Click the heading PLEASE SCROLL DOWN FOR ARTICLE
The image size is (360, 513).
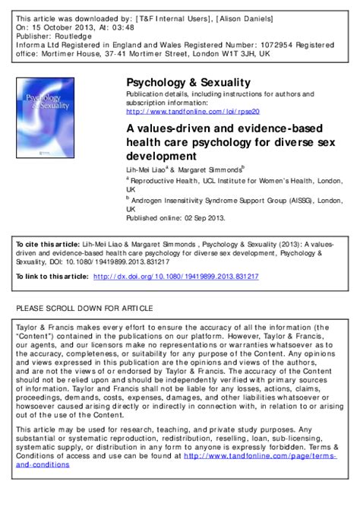click(84, 309)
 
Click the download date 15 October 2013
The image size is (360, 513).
click(60, 26)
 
